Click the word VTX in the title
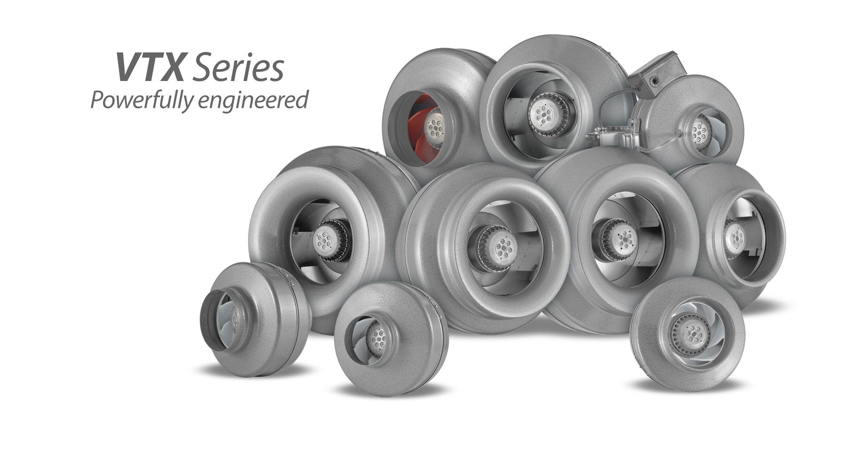[x=150, y=67]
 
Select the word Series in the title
[x=238, y=68]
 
